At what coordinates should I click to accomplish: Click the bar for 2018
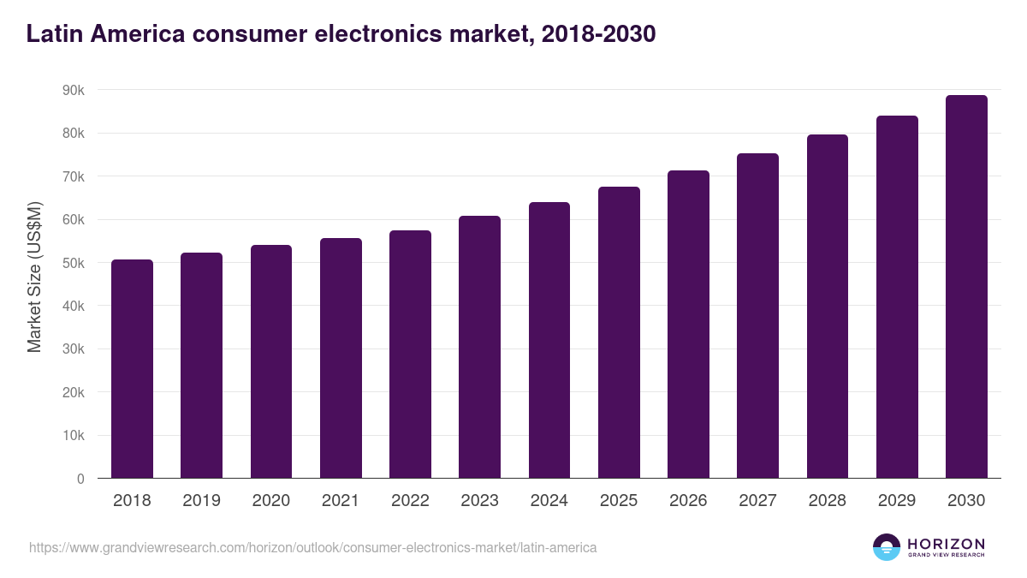(x=132, y=368)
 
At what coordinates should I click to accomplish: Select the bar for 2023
(x=479, y=347)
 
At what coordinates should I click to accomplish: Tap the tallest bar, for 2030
(x=966, y=287)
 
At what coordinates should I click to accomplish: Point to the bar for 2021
(x=341, y=358)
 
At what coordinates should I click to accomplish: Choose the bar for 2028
(x=828, y=306)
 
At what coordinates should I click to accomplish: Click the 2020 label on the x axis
(x=270, y=501)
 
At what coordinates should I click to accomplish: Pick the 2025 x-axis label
(x=618, y=501)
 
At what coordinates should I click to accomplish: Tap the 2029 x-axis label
(x=896, y=501)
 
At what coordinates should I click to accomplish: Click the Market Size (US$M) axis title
(x=35, y=278)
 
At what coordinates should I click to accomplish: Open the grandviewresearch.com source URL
(x=313, y=547)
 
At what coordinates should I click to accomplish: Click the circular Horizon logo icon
(x=887, y=547)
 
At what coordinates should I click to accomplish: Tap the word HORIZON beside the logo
(x=946, y=544)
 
